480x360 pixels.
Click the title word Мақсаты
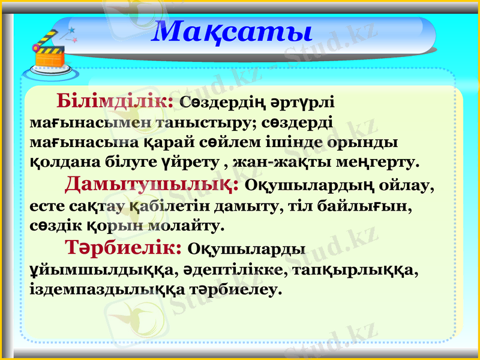(232, 31)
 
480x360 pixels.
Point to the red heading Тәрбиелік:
(124, 247)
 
